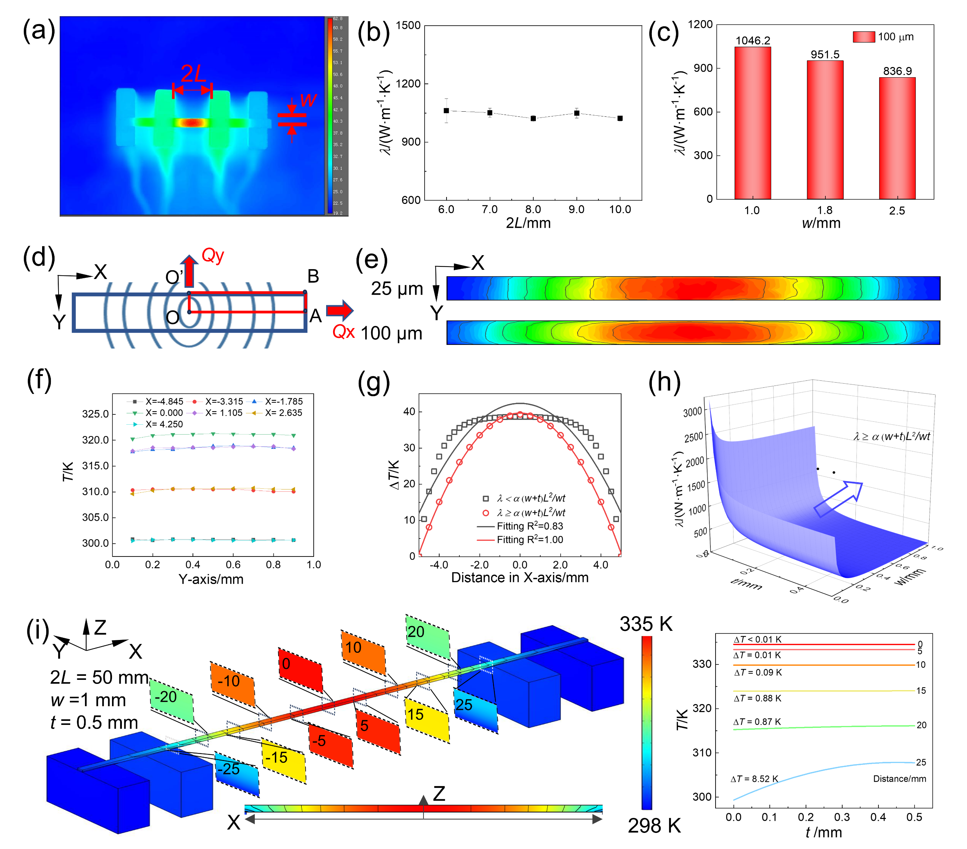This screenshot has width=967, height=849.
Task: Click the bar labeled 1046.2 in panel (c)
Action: [752, 123]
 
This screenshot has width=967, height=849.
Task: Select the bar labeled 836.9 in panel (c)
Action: [897, 138]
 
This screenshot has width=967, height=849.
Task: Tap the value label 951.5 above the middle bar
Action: [825, 55]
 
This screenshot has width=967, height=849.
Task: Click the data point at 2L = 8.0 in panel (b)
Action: [533, 118]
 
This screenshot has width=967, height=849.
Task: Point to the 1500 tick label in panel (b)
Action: [408, 26]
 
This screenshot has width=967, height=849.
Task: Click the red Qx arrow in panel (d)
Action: [340, 310]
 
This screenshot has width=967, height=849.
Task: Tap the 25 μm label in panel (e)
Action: [396, 289]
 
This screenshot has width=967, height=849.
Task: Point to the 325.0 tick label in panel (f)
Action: [96, 414]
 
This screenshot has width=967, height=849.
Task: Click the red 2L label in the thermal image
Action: [193, 73]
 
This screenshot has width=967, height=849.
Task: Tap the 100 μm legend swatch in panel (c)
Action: [863, 37]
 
